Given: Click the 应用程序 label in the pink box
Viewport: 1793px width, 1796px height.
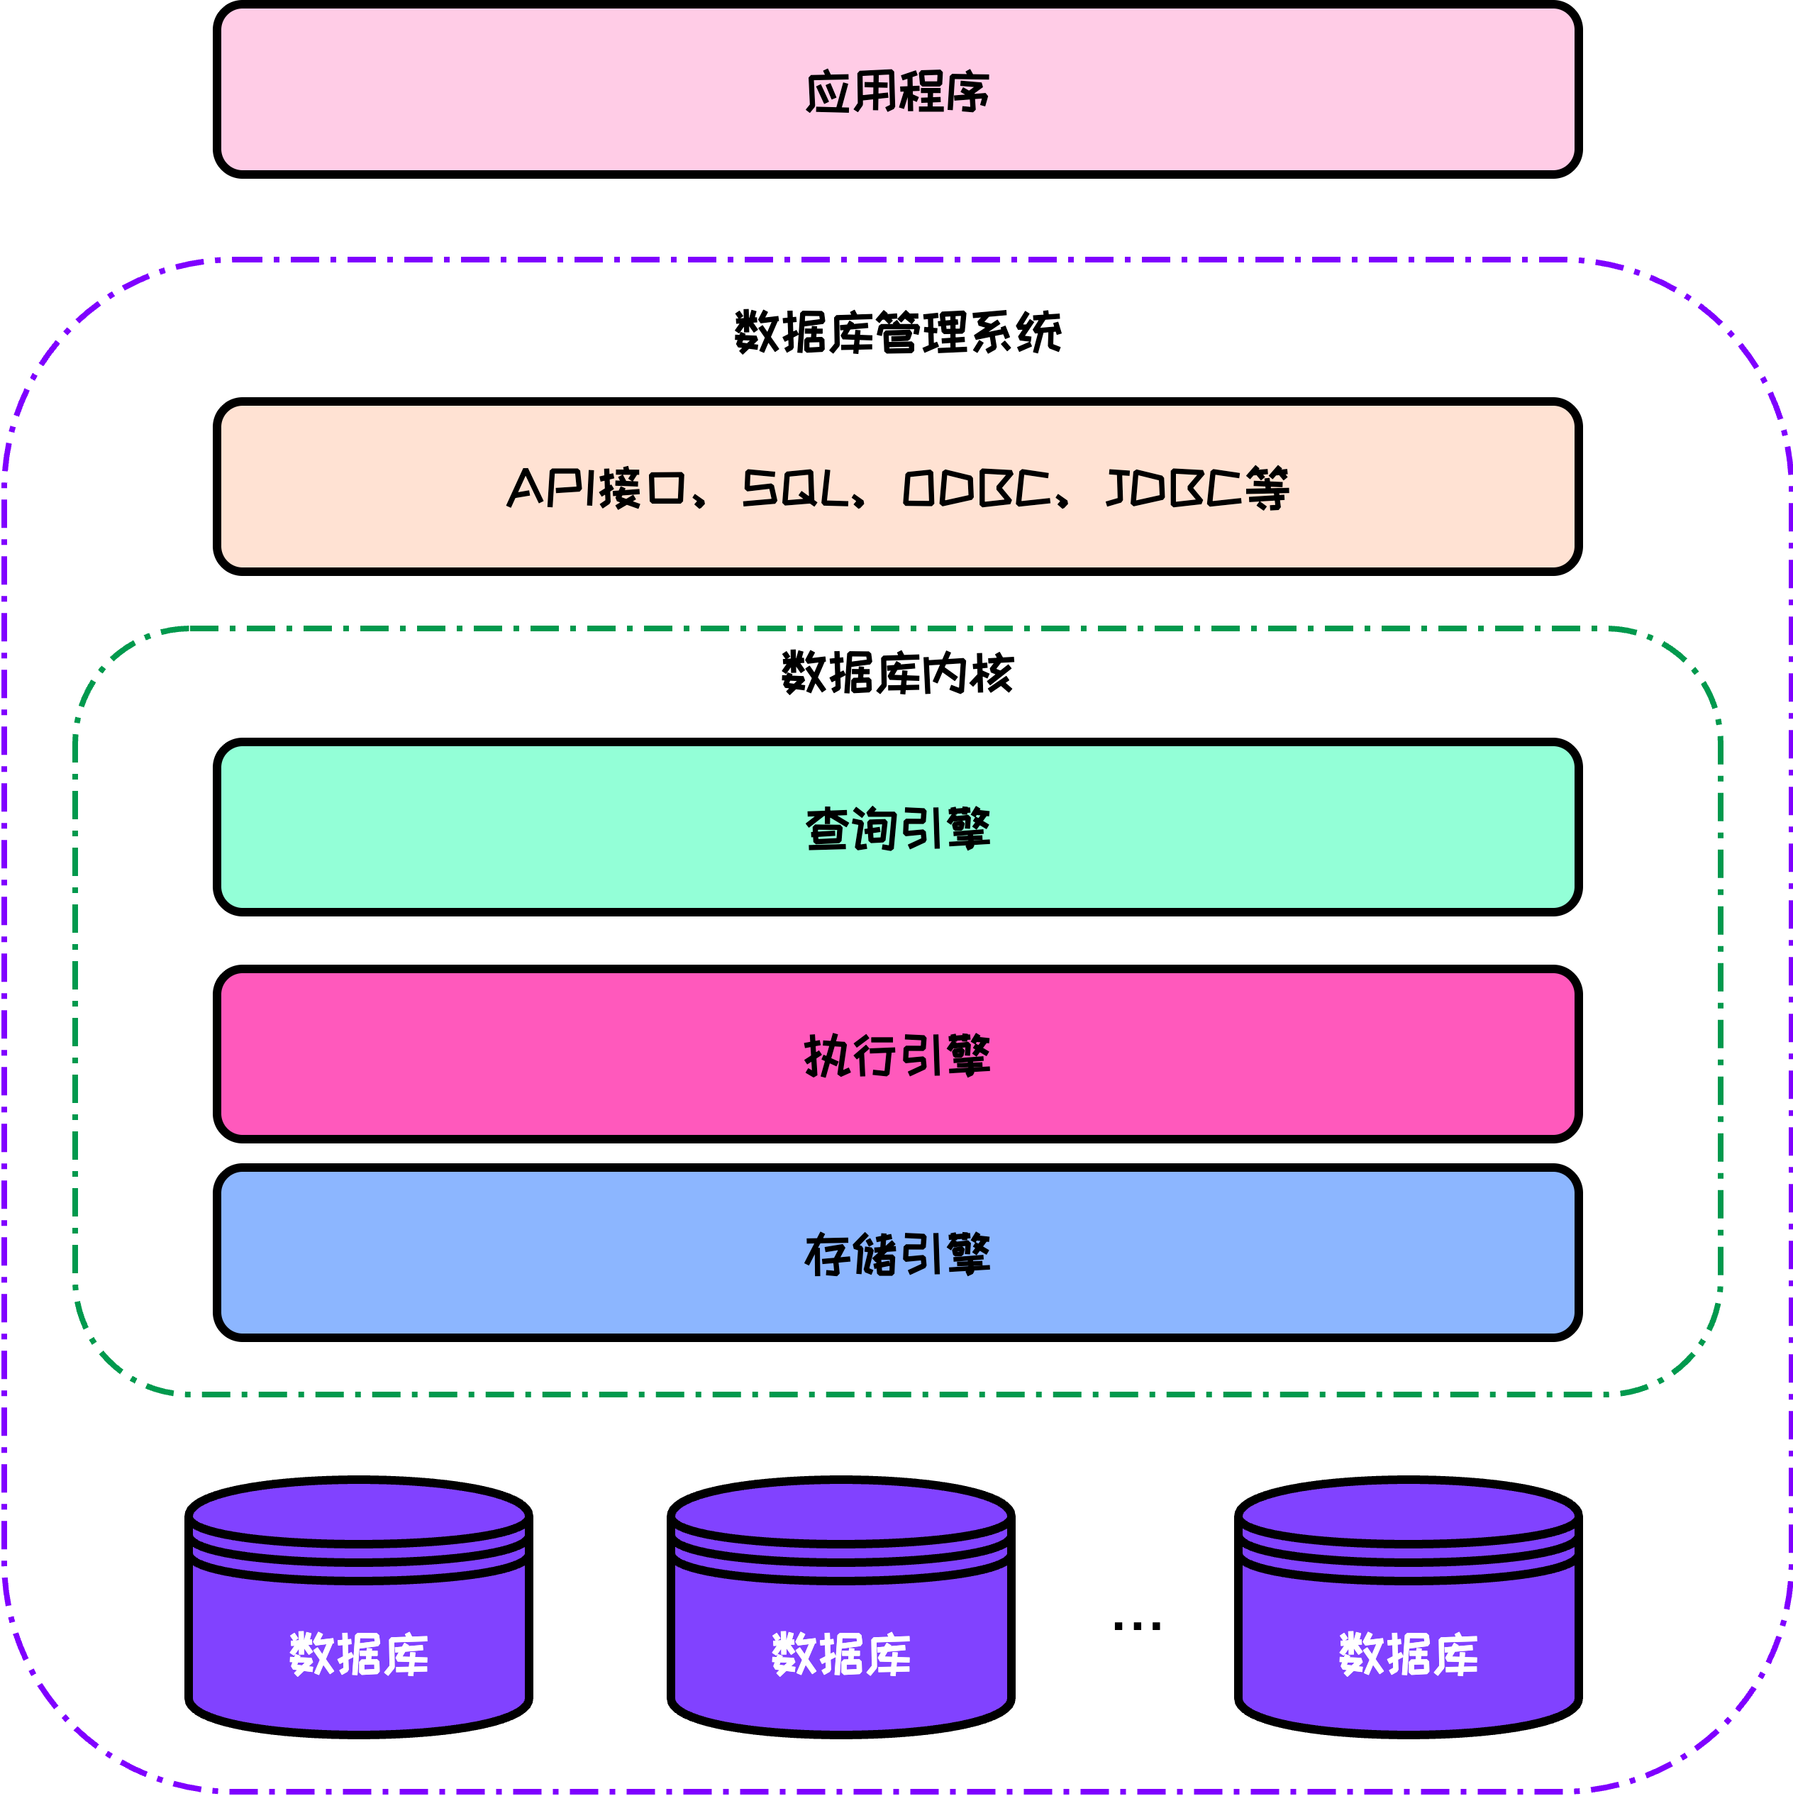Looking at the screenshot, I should (897, 92).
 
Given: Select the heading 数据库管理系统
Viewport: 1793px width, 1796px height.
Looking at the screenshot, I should (897, 333).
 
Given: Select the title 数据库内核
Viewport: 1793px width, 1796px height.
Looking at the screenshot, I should (897, 673).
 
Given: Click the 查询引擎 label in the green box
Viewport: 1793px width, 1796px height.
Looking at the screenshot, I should (897, 828).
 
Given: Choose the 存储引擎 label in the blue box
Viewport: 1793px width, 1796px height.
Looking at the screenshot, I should (897, 1254).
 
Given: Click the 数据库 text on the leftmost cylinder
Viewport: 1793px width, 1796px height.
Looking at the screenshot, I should (359, 1655).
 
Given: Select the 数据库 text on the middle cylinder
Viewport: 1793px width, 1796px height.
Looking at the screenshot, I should (841, 1655).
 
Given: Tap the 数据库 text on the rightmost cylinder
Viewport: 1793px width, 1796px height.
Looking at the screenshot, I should (1408, 1655).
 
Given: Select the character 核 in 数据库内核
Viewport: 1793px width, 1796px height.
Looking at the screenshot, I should (991, 673).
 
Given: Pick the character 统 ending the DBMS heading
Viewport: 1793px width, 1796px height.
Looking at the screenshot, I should (1039, 333).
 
